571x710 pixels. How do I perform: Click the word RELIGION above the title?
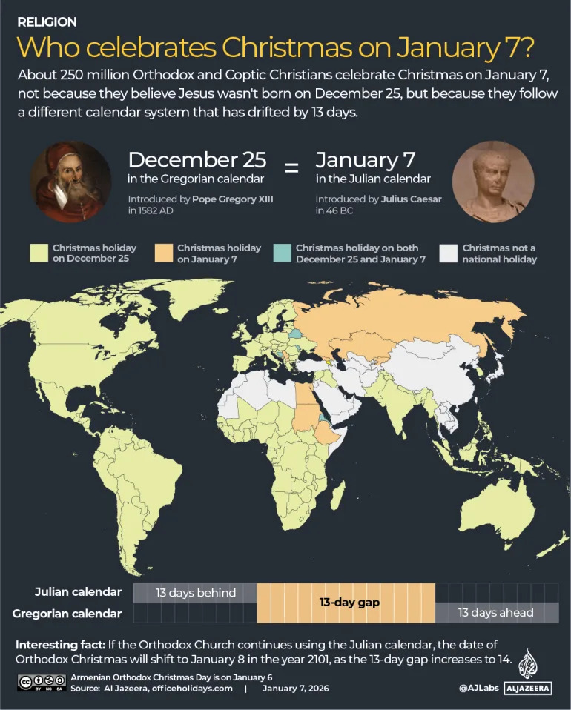pyautogui.click(x=47, y=22)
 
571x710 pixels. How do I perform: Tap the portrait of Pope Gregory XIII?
pyautogui.click(x=70, y=182)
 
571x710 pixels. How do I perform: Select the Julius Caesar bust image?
pyautogui.click(x=492, y=182)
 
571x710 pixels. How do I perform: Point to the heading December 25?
pyautogui.click(x=197, y=160)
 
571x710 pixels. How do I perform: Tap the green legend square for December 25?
pyautogui.click(x=39, y=253)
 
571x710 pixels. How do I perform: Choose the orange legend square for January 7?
pyautogui.click(x=164, y=253)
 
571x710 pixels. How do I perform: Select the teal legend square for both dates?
pyautogui.click(x=283, y=253)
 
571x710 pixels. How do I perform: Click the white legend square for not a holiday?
pyautogui.click(x=449, y=253)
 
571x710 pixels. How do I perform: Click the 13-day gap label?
pyautogui.click(x=349, y=603)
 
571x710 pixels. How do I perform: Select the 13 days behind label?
pyautogui.click(x=196, y=592)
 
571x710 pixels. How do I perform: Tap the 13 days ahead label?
pyautogui.click(x=495, y=612)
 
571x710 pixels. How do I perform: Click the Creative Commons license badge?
pyautogui.click(x=41, y=682)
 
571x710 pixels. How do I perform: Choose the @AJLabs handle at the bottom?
pyautogui.click(x=478, y=689)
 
